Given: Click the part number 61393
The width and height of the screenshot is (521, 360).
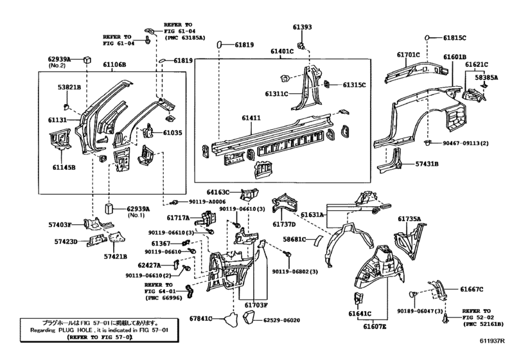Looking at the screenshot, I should point(302,28).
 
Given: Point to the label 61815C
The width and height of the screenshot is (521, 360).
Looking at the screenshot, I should point(455,38).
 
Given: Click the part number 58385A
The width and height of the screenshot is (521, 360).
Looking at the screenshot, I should point(486,78).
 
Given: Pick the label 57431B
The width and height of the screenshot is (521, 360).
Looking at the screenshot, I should point(426,164).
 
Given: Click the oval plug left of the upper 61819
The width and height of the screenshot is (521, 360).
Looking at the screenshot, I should point(218,45).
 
